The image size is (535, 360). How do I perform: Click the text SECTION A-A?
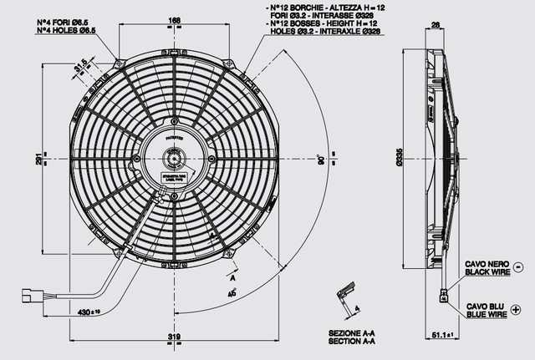point(351,342)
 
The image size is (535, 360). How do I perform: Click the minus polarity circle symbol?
point(518,267)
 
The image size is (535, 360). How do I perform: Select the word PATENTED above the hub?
point(174,133)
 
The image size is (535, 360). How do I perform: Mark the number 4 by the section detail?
point(357,308)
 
